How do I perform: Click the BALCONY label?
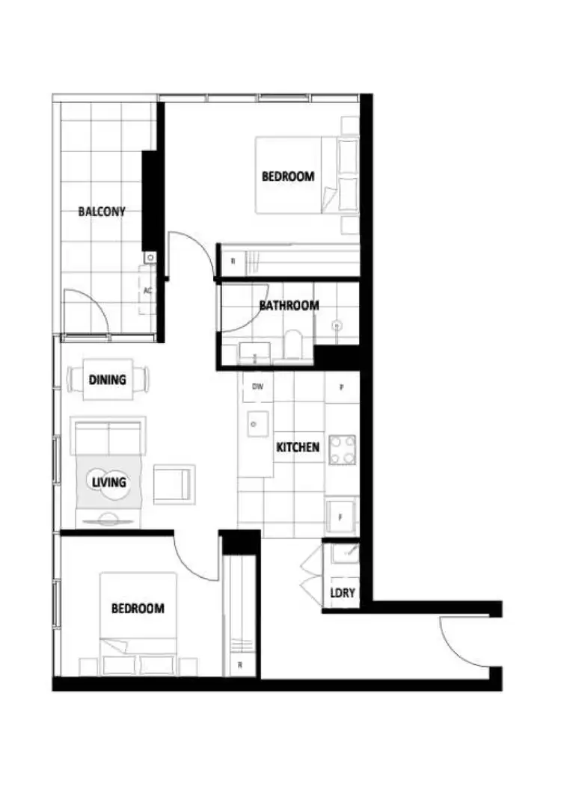102,212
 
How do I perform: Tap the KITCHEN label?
298,447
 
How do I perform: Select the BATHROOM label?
289,305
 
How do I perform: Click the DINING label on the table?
108,379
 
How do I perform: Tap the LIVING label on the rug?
108,482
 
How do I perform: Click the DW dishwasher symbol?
257,387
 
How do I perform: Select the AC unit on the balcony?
147,290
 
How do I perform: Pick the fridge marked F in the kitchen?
341,517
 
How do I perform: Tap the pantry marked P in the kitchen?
342,387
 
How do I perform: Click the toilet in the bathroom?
293,345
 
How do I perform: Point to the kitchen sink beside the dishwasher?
256,423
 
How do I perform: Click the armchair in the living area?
174,484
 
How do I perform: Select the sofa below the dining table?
108,435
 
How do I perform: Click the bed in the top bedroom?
299,176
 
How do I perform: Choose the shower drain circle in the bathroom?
337,325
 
